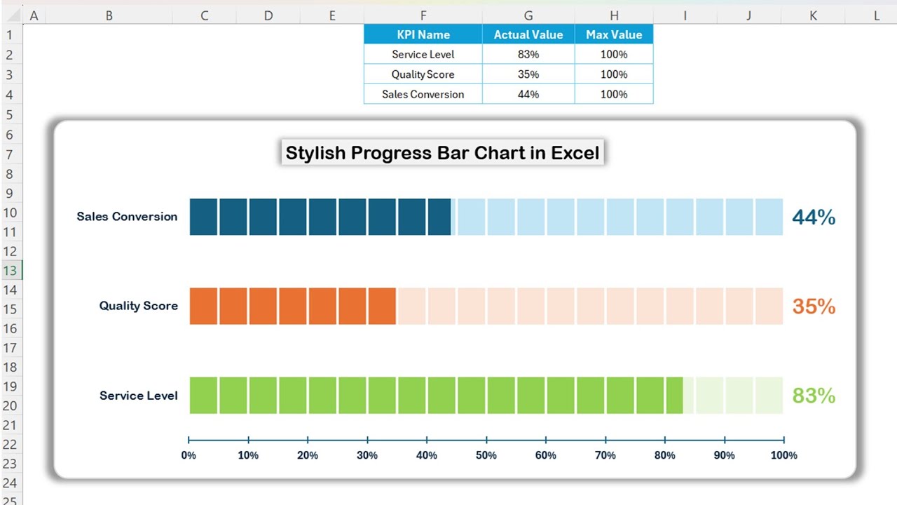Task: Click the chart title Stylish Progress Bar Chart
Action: tap(442, 153)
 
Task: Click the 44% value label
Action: tap(814, 217)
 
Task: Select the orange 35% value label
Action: tap(814, 307)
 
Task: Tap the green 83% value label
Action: tap(814, 396)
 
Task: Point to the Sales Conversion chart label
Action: tap(127, 217)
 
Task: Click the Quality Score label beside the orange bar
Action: tap(138, 306)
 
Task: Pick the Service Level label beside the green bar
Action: tap(138, 396)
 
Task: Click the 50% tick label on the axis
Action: tap(486, 455)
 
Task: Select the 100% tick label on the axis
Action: tap(783, 455)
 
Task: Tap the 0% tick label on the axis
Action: tap(189, 455)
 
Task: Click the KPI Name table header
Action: tap(423, 34)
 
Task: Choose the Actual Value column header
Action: tap(528, 34)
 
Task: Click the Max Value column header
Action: tap(614, 34)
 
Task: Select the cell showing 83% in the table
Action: tap(528, 54)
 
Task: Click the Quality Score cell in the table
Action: tap(423, 74)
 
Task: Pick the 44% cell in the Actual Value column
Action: tap(528, 94)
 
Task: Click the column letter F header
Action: tap(423, 15)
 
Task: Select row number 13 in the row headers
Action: tap(11, 271)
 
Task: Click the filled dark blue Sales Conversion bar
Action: tap(320, 217)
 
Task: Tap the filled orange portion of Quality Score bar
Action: tap(292, 306)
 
